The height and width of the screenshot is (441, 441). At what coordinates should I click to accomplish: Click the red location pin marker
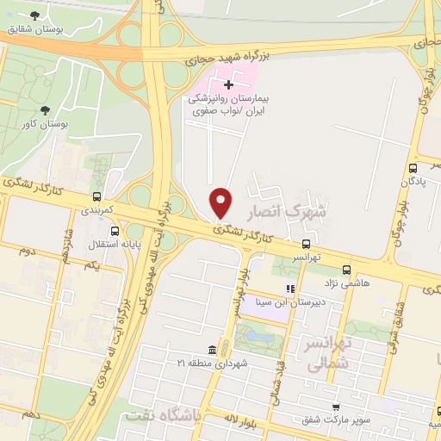(221, 202)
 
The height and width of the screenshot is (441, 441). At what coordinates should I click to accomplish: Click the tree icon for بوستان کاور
(45, 110)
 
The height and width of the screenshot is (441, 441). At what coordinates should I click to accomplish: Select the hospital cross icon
(228, 84)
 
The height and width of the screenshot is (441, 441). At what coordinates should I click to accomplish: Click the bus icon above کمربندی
(98, 197)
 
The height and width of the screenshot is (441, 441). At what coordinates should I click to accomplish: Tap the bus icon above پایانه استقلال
(115, 231)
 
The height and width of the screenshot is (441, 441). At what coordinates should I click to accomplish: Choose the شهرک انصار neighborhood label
(287, 210)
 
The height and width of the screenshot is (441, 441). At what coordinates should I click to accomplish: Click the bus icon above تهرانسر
(307, 244)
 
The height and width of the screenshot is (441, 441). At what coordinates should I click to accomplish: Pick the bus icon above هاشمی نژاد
(346, 269)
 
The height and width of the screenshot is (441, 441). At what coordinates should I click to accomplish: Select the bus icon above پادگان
(413, 168)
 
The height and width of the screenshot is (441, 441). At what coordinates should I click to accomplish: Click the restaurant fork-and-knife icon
(290, 289)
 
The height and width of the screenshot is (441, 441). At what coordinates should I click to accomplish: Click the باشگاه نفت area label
(162, 415)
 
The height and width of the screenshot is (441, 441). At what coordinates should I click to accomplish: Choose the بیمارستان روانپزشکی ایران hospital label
(229, 105)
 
